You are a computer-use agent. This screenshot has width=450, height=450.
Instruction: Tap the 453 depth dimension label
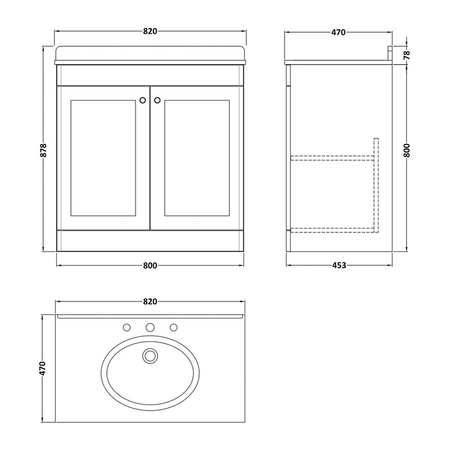click(337, 265)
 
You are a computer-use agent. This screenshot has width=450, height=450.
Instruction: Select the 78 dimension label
click(407, 55)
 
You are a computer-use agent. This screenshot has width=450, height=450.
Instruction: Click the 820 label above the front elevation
click(150, 31)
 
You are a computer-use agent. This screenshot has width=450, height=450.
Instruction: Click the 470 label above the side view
click(337, 32)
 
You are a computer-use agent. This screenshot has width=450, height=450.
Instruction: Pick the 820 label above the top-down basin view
click(150, 301)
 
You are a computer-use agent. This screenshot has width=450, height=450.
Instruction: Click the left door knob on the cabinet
click(143, 100)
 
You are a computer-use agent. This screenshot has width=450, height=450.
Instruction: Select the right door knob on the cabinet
click(157, 100)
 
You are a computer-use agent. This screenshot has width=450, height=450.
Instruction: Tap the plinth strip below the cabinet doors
click(150, 240)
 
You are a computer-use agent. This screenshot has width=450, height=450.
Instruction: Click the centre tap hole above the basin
click(150, 327)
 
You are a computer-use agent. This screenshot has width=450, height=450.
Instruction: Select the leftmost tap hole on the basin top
click(127, 327)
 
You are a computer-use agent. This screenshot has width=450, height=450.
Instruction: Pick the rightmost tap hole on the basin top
click(173, 327)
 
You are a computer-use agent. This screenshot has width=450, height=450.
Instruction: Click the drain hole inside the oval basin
click(150, 355)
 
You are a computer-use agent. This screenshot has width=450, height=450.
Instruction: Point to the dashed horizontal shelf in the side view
click(332, 158)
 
